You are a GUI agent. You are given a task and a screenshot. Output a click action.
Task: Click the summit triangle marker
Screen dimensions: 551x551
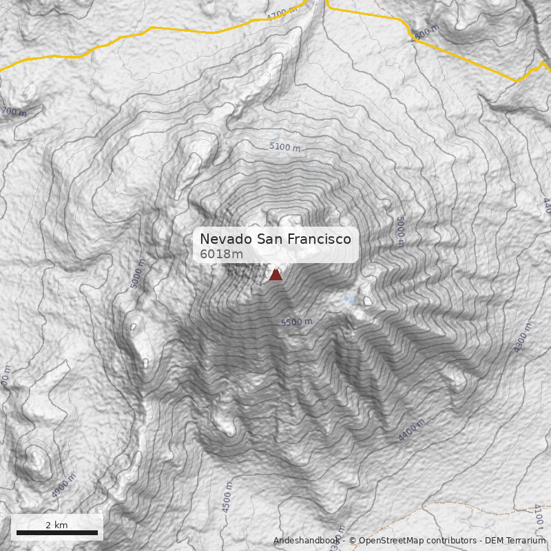pyautogui.click(x=275, y=274)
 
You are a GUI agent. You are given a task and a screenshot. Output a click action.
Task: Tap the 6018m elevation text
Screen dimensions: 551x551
pyautogui.click(x=221, y=254)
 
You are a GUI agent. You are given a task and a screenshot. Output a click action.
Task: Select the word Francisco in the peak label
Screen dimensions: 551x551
pyautogui.click(x=320, y=239)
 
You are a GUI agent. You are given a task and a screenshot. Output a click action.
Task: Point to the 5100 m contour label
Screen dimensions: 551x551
pyautogui.click(x=284, y=147)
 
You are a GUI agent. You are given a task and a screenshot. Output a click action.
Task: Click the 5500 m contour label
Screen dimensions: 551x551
pyautogui.click(x=296, y=322)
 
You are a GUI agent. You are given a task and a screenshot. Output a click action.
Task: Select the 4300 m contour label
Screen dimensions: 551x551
pyautogui.click(x=523, y=337)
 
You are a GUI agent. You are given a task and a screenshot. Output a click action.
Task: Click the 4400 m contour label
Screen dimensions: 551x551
pyautogui.click(x=411, y=430)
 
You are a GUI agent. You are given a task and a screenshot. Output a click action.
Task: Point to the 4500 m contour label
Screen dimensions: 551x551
pyautogui.click(x=227, y=497)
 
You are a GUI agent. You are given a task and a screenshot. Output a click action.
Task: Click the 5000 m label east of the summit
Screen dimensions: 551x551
pyautogui.click(x=400, y=231)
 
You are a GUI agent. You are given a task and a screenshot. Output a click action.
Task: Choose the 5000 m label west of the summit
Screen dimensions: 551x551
pyautogui.click(x=138, y=273)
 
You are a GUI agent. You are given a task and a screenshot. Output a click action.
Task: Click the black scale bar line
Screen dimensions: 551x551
pyautogui.click(x=56, y=532)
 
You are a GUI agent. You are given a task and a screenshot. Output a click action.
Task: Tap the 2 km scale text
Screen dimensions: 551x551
pyautogui.click(x=56, y=525)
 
